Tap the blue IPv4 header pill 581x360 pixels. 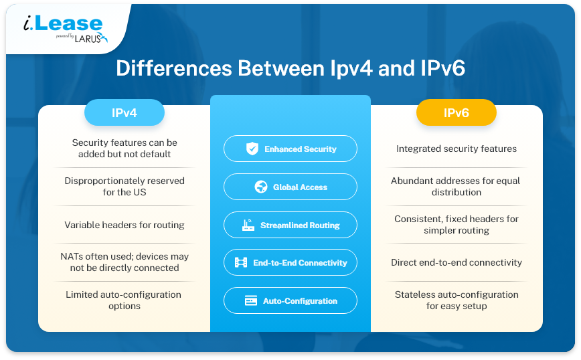tap(124, 112)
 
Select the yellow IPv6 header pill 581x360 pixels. tap(456, 112)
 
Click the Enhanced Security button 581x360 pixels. tap(290, 149)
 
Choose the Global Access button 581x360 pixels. tap(290, 187)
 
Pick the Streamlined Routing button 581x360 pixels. tap(290, 225)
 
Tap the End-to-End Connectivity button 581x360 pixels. tap(290, 262)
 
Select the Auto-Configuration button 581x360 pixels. tap(290, 300)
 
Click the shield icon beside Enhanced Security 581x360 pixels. tap(252, 149)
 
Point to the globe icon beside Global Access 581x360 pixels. tap(261, 187)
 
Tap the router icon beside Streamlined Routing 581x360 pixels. tap(248, 225)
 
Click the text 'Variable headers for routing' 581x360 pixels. tap(124, 225)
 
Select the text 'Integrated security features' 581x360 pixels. tap(456, 149)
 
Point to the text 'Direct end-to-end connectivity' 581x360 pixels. tap(456, 262)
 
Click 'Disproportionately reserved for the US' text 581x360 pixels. tap(124, 186)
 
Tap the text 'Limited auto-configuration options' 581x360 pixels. tap(124, 300)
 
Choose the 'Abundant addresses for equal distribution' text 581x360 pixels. tap(456, 186)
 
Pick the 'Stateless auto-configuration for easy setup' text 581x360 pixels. tap(456, 300)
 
